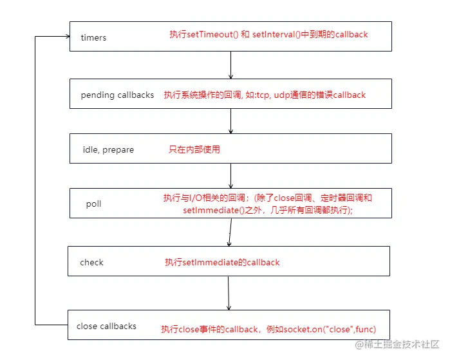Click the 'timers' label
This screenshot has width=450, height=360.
point(93,37)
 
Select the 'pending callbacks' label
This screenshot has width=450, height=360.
point(117,95)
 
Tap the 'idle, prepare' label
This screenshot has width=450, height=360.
point(108,149)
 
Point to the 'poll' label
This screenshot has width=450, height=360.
point(93,204)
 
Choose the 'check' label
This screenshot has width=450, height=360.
point(91,262)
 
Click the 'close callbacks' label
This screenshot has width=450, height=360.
point(106,326)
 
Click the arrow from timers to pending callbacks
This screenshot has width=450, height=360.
point(230,65)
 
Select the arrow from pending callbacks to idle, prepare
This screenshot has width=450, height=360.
point(230,122)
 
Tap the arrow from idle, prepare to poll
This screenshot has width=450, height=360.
point(230,176)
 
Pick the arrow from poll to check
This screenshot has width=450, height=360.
point(229,232)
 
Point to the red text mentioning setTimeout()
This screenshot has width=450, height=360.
point(268,34)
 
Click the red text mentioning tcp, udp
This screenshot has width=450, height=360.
point(264,95)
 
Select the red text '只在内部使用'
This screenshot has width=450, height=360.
point(194,149)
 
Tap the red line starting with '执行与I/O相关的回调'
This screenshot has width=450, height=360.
point(267,198)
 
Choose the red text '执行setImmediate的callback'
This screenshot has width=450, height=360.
point(222,262)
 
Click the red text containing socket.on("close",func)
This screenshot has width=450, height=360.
point(268,328)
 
